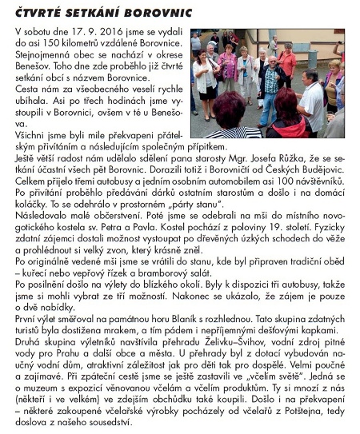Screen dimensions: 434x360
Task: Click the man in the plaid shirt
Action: [x=271, y=80]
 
